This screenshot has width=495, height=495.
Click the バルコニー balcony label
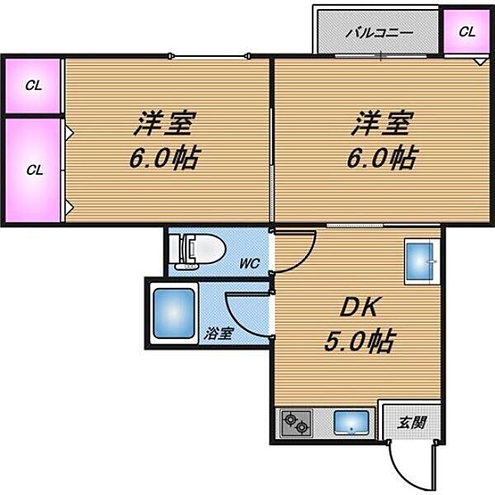[x=379, y=34]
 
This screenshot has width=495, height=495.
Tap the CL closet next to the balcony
[x=467, y=33]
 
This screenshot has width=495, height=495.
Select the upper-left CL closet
[x=33, y=84]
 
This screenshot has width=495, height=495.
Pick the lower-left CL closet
[x=33, y=171]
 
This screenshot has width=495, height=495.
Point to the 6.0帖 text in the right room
[x=381, y=158]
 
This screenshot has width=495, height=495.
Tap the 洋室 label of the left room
[x=165, y=125]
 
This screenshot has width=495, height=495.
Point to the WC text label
[x=250, y=264]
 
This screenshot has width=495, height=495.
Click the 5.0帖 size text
[x=357, y=339]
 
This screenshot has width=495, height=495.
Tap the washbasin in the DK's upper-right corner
[x=422, y=262]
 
